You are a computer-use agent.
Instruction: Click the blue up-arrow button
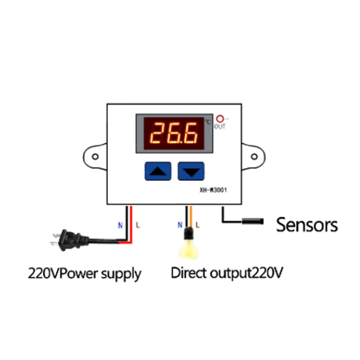[x=158, y=171]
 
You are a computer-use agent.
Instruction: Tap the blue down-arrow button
[x=191, y=171]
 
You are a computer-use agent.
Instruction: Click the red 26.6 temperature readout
[x=174, y=133]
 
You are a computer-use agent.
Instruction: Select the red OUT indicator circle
[x=220, y=119]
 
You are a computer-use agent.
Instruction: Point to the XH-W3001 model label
[x=213, y=190]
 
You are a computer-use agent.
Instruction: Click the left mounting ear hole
[x=95, y=157]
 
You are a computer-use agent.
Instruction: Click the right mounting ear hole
[x=254, y=157]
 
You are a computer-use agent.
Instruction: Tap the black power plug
[x=69, y=240]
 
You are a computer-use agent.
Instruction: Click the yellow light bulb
[x=189, y=250]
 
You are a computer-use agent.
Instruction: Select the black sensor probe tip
[x=252, y=221]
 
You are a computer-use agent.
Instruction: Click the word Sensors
[x=307, y=225]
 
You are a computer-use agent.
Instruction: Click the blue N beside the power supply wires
[x=120, y=225]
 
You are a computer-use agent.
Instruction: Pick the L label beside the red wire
[x=138, y=225]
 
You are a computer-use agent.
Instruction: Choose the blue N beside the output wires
[x=180, y=225]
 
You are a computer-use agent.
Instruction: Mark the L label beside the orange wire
[x=198, y=225]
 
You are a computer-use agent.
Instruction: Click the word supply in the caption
[x=121, y=274]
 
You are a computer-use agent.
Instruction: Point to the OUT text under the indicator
[x=220, y=126]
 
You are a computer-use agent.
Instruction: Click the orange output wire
[x=191, y=217]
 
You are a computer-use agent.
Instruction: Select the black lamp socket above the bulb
[x=189, y=234]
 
